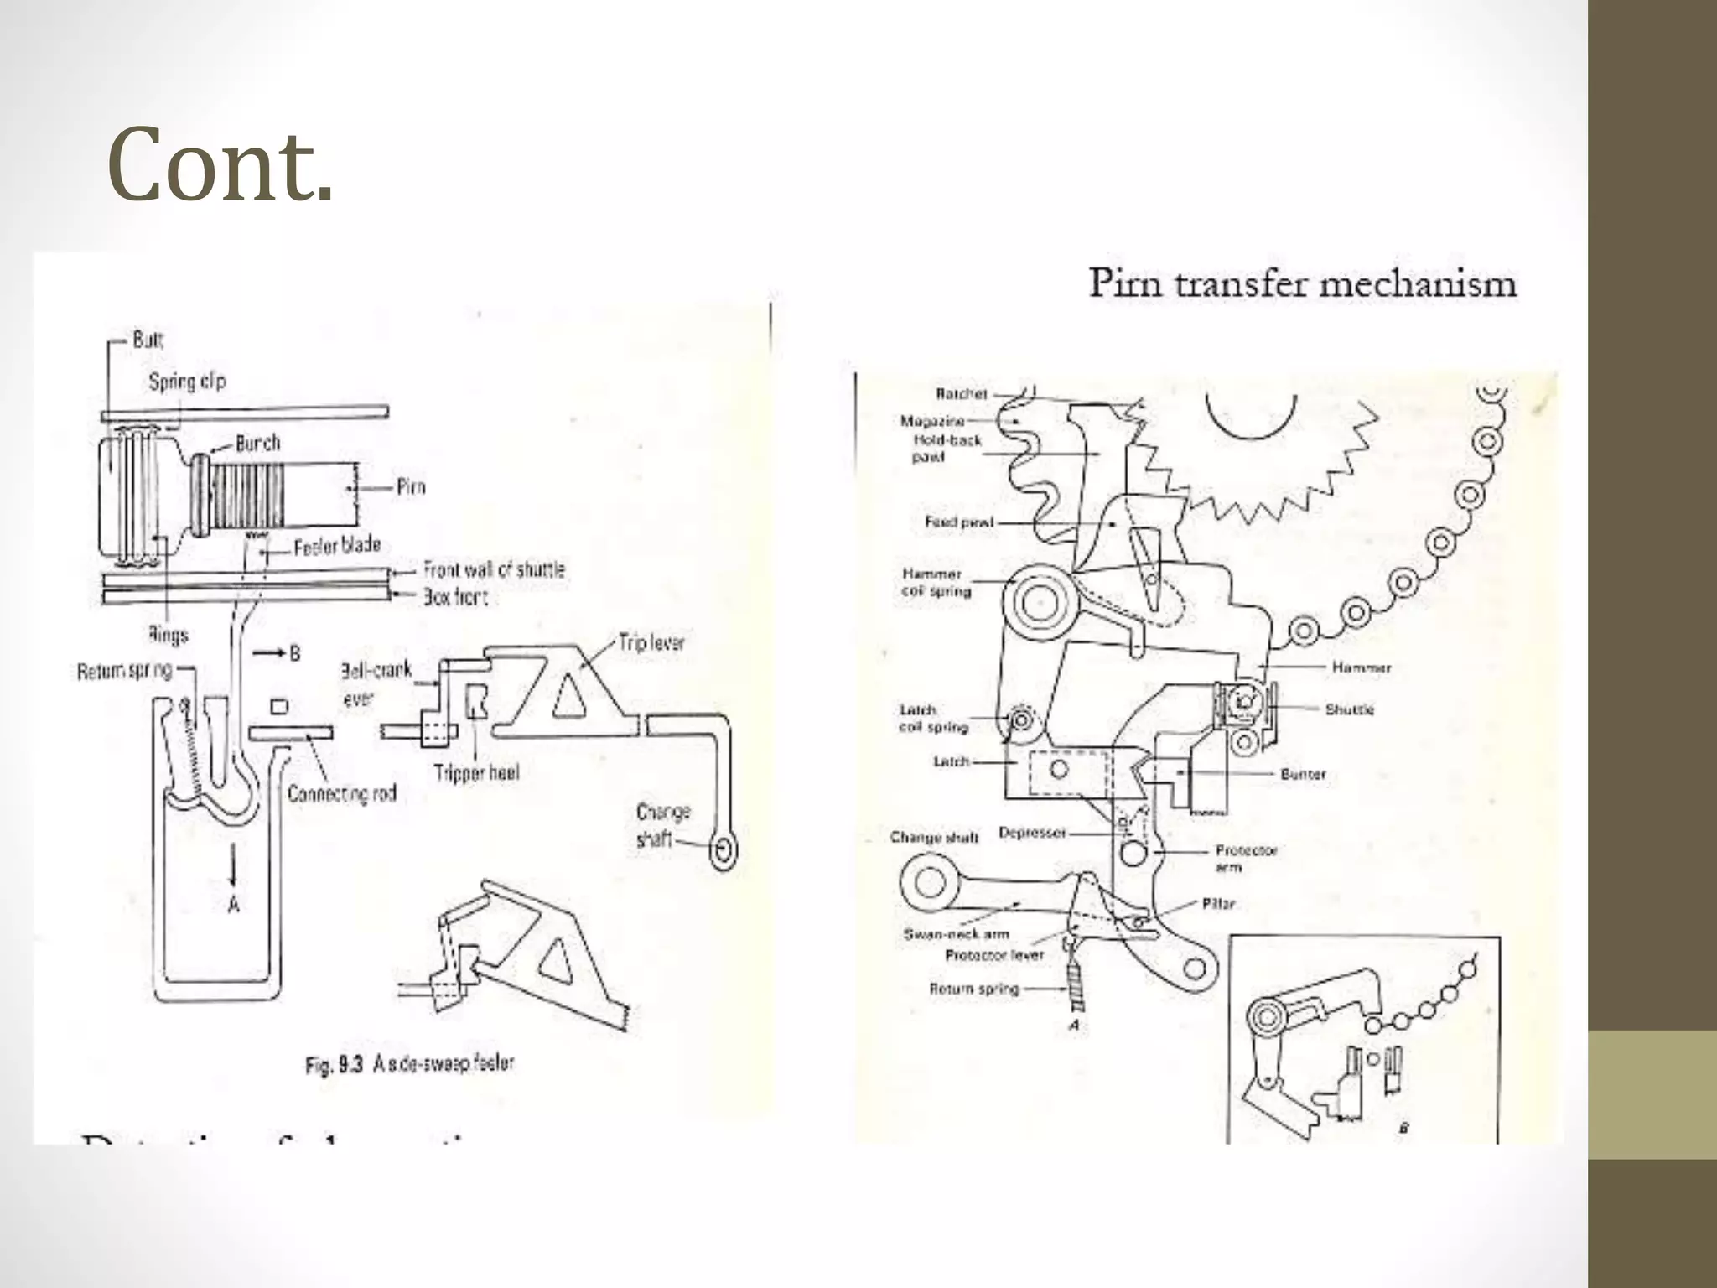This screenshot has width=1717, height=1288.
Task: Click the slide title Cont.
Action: [x=220, y=165]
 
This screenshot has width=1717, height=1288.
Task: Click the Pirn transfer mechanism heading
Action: [x=1302, y=283]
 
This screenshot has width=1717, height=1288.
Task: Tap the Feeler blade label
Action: [x=337, y=547]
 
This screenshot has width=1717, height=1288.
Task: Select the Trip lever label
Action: [x=651, y=643]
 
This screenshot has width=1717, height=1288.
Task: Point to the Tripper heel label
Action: [x=476, y=772]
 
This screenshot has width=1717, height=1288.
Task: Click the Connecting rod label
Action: [x=341, y=793]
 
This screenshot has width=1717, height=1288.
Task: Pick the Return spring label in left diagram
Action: [x=124, y=671]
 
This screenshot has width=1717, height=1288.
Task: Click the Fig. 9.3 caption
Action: [x=409, y=1064]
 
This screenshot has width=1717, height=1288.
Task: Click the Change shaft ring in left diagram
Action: [x=722, y=852]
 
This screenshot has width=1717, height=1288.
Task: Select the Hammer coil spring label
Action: [x=936, y=583]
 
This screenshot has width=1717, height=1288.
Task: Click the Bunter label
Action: [x=1303, y=774]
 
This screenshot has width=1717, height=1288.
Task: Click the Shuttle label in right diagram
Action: [x=1350, y=709]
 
